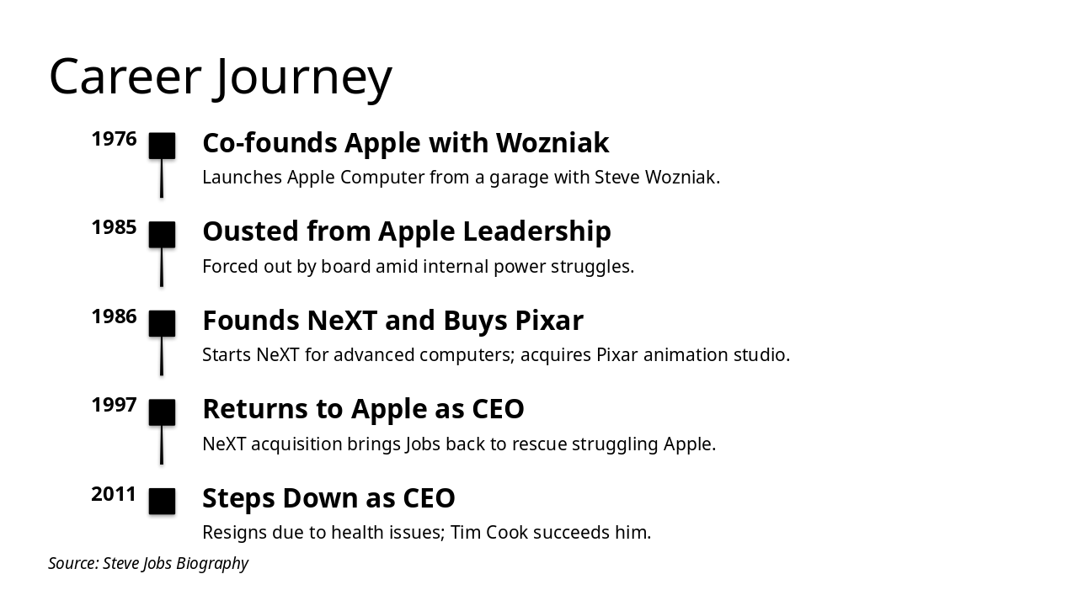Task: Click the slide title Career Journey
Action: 221,77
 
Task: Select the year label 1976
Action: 114,139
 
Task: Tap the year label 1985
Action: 114,227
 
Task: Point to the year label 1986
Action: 114,316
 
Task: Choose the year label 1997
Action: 114,405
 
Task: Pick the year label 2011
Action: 114,494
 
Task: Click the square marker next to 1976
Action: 162,146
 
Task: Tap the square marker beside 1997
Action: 162,412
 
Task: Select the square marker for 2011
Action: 162,501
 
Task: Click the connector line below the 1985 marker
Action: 162,268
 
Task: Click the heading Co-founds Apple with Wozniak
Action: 405,143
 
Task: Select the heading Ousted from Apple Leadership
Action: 407,231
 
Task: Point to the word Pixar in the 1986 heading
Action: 548,321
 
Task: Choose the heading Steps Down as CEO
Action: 328,498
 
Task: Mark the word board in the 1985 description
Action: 345,267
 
